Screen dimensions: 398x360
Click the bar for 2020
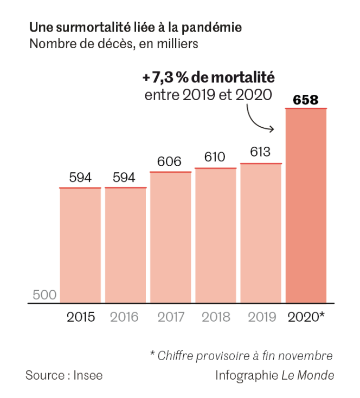306,206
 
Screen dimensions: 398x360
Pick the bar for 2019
261,233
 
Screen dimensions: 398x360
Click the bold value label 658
305,100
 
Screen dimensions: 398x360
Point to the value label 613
260,152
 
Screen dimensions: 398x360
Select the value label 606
170,161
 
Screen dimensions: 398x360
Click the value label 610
215,158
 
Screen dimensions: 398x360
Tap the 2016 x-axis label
124,317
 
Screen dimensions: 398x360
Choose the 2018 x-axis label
215,317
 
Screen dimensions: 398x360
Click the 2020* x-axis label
307,317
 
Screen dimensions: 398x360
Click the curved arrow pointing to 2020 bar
259,119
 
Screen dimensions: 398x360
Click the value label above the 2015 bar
80,178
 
